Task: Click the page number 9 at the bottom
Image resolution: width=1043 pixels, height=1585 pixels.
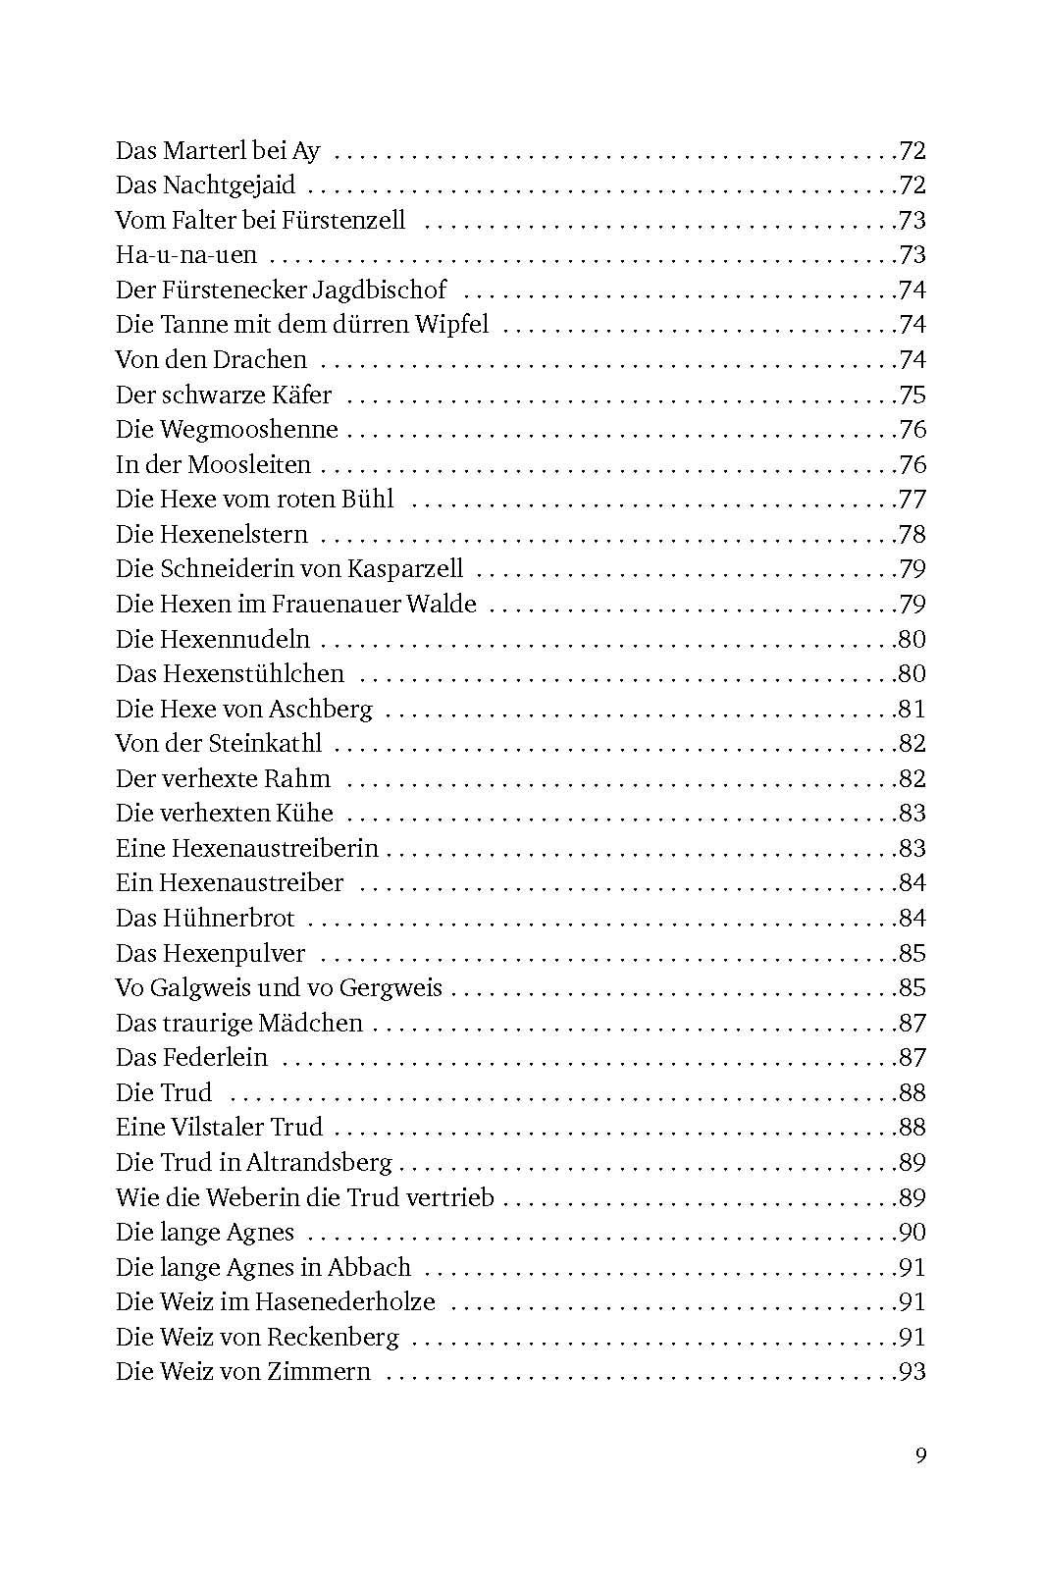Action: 920,1455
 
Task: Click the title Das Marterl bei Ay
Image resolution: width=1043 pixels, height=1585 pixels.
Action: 218,151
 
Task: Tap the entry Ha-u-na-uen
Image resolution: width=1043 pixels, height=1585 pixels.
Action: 186,255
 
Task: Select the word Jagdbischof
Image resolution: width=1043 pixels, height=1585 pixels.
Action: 392,291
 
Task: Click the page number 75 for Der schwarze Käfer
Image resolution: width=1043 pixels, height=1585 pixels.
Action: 912,395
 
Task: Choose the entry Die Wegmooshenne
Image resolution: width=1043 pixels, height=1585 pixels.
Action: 227,430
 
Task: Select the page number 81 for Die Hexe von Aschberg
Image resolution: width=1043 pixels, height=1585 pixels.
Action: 912,709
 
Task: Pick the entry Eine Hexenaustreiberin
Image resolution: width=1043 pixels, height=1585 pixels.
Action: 246,848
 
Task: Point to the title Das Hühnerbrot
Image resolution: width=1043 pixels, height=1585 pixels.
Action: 205,919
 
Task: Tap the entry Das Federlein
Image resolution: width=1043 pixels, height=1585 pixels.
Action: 191,1058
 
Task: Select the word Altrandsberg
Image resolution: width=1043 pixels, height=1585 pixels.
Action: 319,1163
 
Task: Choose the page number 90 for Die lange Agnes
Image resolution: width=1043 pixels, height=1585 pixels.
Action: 912,1233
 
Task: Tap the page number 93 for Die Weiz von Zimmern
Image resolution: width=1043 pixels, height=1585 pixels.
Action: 912,1372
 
